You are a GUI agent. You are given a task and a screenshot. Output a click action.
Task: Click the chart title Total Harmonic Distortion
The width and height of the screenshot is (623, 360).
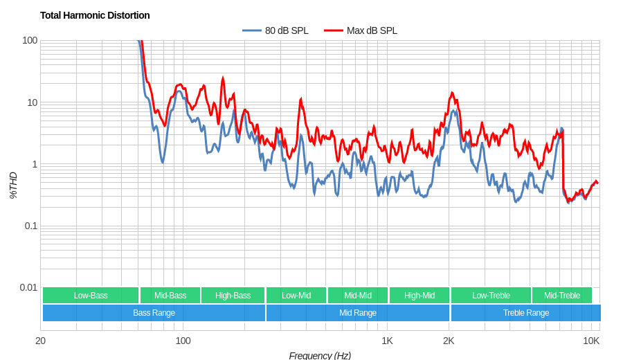[95, 15]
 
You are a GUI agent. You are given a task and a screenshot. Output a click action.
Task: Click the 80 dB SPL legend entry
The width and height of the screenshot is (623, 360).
[276, 30]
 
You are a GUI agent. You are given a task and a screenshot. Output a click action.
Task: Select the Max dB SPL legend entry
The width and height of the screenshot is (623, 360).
[361, 30]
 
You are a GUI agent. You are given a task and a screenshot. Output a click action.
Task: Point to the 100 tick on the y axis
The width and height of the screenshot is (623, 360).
[30, 40]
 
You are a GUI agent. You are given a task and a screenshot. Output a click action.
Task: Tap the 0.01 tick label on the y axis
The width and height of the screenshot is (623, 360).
[28, 287]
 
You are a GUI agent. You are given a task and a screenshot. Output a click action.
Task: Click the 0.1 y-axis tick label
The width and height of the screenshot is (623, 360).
[31, 226]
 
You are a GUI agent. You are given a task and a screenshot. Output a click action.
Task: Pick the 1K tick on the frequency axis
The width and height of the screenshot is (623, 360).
[387, 341]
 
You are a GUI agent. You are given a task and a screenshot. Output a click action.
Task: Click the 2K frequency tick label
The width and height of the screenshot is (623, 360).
[449, 341]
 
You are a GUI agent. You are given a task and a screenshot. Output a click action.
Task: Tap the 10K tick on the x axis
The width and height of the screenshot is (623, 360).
[590, 341]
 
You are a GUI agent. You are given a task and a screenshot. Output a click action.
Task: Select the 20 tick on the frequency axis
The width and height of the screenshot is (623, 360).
[41, 341]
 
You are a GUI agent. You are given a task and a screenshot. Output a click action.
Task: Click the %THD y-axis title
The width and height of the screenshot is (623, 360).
[13, 186]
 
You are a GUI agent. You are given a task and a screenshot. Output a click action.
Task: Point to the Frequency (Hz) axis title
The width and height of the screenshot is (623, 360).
[320, 355]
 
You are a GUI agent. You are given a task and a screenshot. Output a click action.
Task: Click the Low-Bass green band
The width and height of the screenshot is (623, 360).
[91, 296]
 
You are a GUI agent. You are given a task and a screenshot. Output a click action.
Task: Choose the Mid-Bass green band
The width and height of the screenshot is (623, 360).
[170, 296]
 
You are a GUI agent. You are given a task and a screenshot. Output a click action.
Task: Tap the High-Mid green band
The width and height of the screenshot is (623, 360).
[419, 296]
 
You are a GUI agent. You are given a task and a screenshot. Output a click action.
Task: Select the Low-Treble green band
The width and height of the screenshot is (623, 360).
[491, 296]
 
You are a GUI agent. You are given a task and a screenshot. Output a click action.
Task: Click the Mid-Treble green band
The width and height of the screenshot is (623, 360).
[562, 296]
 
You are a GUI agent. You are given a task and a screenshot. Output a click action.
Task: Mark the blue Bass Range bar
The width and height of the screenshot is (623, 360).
[154, 313]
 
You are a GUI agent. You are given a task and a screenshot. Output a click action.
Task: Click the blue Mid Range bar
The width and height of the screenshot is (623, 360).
[358, 313]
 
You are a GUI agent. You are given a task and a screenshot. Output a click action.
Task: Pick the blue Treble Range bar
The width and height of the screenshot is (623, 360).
[526, 313]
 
